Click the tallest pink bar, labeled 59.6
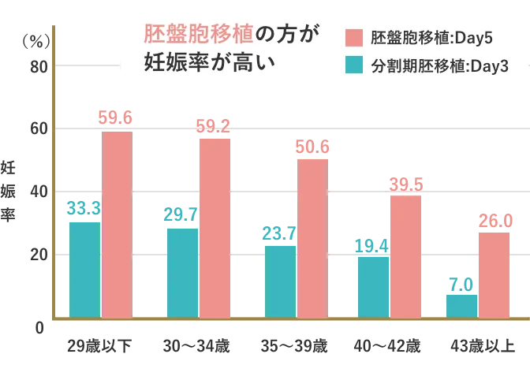(117, 225)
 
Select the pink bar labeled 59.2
(214, 229)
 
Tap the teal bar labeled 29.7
(182, 273)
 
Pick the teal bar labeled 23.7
(280, 281)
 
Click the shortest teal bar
(462, 306)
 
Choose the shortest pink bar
(495, 275)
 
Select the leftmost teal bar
(85, 269)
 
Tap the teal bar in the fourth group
(373, 287)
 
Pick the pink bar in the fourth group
(405, 256)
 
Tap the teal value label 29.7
(182, 214)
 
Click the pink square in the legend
(354, 38)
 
